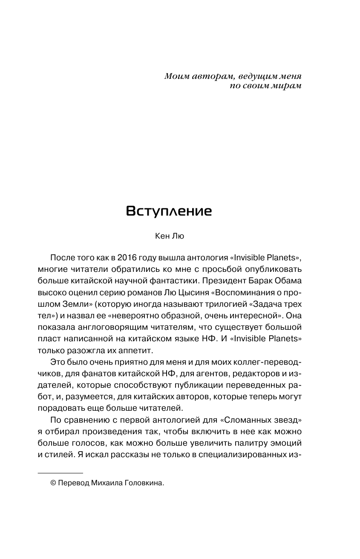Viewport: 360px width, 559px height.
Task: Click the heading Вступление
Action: [x=169, y=211]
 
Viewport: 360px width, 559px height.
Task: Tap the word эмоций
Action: [x=287, y=442]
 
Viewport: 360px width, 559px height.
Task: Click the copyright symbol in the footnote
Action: [x=53, y=483]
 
